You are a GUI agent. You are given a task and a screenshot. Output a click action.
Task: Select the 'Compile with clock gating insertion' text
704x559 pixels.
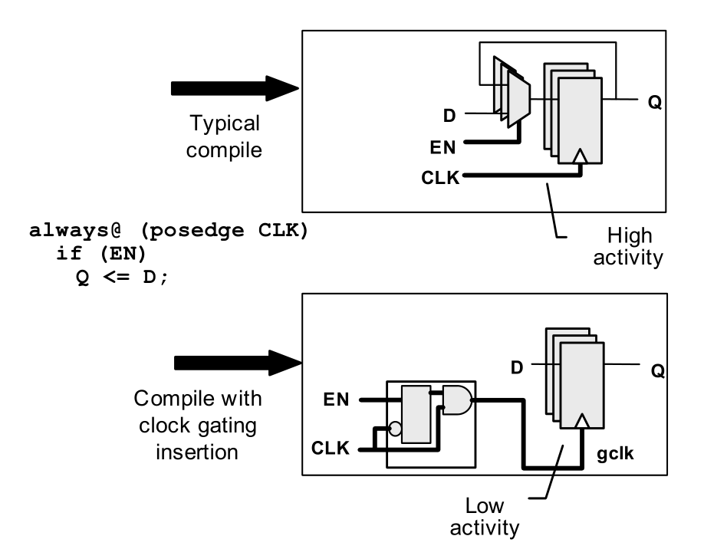pos(198,425)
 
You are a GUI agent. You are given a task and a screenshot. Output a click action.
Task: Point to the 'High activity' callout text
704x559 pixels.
pos(633,245)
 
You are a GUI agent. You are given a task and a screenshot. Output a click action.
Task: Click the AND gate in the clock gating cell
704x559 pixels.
pos(456,400)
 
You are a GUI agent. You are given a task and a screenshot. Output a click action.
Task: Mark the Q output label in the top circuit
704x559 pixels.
pos(654,101)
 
